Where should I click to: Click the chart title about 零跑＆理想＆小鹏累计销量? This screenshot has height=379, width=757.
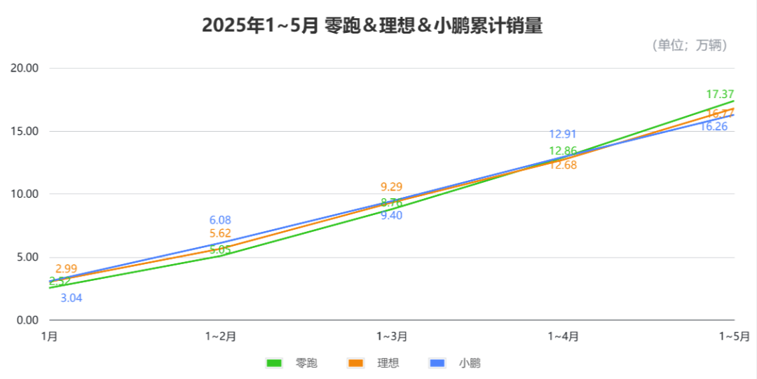372,26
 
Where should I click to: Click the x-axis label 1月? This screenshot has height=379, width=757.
50,336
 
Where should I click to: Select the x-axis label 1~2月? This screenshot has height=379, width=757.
220,336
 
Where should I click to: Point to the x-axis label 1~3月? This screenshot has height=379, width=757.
392,336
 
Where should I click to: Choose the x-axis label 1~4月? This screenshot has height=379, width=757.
563,336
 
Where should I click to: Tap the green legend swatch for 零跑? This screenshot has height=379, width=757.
274,363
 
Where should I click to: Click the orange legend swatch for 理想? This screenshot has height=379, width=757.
356,363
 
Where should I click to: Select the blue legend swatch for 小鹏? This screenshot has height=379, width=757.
437,363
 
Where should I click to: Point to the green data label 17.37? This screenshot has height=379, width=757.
720,95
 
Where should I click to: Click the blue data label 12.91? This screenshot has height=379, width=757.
563,135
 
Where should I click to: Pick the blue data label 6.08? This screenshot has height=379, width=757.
220,220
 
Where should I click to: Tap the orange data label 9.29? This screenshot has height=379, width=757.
392,187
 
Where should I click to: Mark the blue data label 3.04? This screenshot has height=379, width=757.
71,298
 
